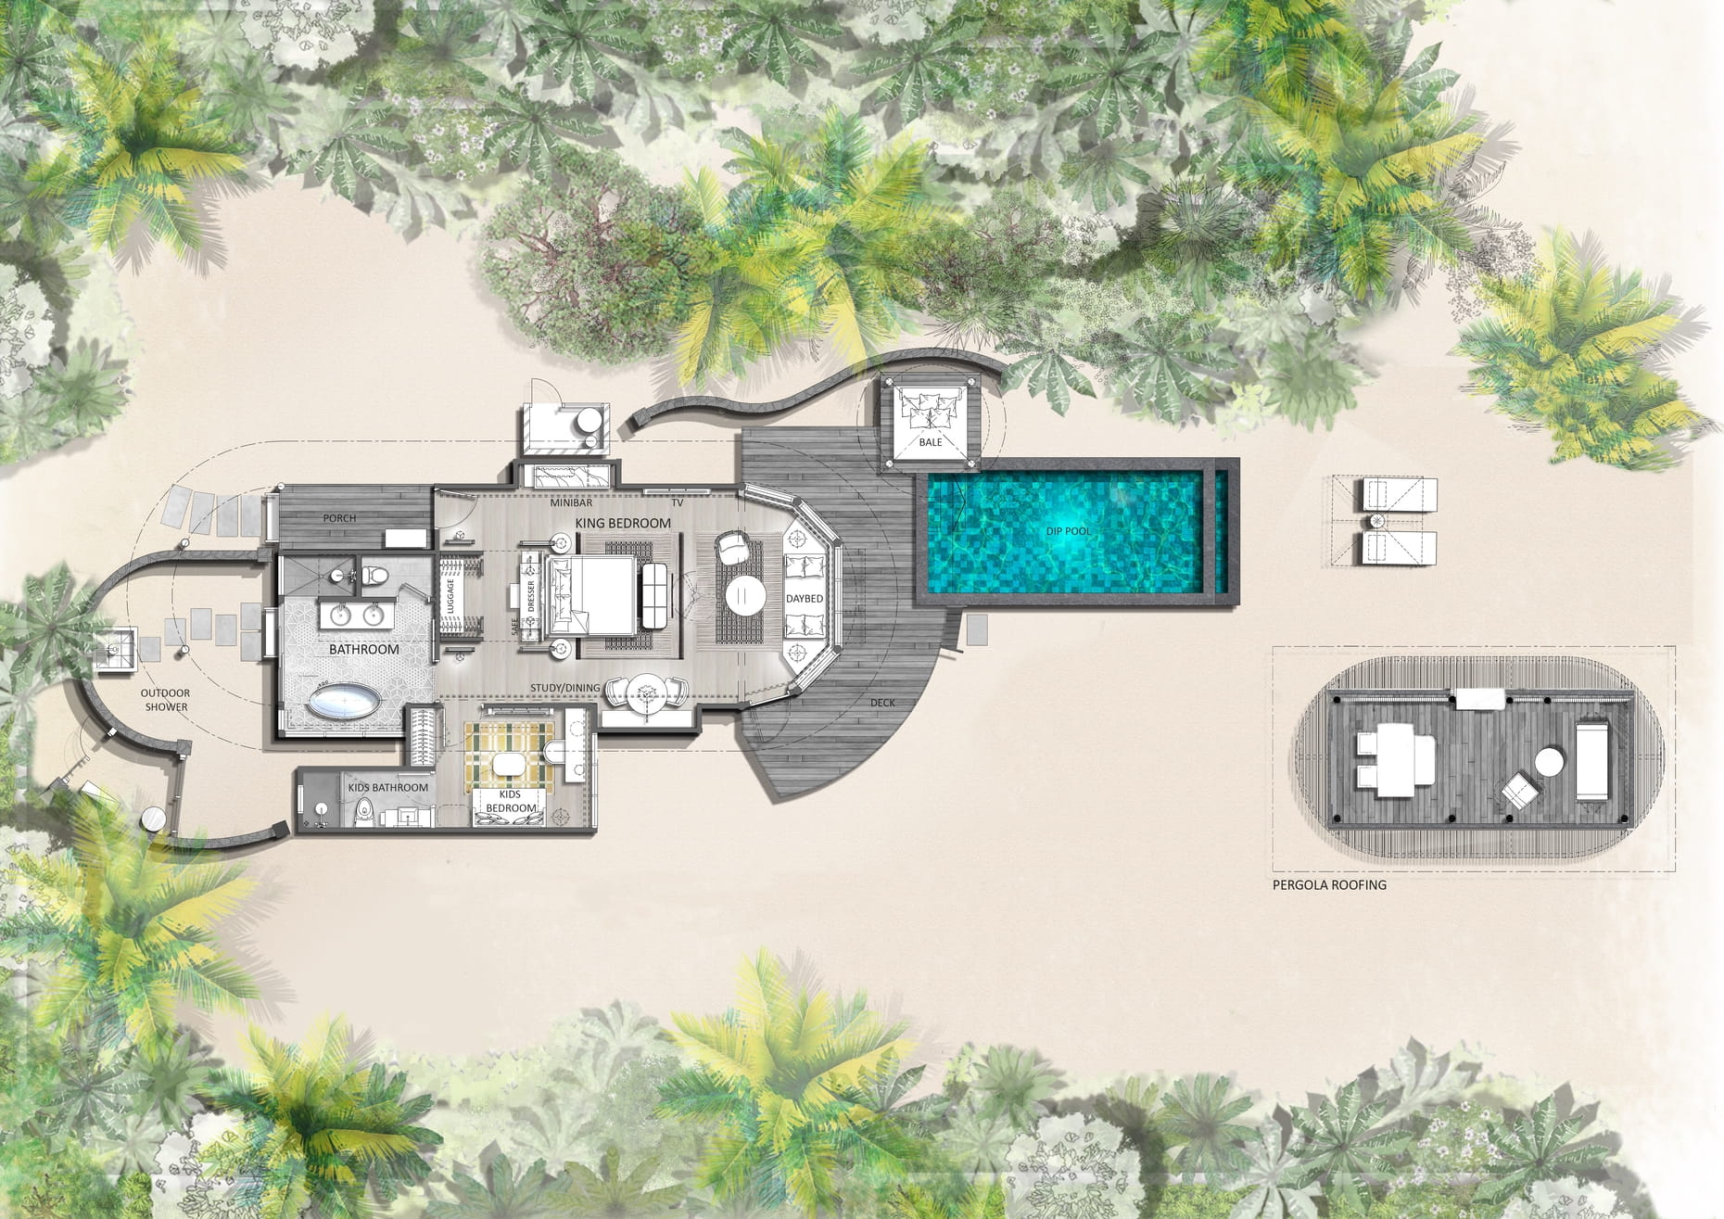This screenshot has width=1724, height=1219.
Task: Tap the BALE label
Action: click(930, 442)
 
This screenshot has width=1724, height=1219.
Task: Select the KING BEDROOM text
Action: click(623, 523)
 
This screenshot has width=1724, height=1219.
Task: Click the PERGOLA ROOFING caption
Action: click(1329, 885)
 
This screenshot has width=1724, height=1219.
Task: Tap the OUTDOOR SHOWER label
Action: click(165, 700)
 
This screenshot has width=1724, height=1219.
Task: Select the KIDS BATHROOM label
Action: click(388, 788)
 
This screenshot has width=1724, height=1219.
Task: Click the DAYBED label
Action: click(805, 599)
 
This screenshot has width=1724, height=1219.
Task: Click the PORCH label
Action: click(339, 518)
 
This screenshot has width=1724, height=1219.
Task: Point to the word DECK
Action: click(882, 703)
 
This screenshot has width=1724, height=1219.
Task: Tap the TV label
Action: click(678, 503)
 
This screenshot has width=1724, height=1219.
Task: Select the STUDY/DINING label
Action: click(564, 687)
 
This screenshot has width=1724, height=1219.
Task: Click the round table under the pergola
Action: click(1550, 765)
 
